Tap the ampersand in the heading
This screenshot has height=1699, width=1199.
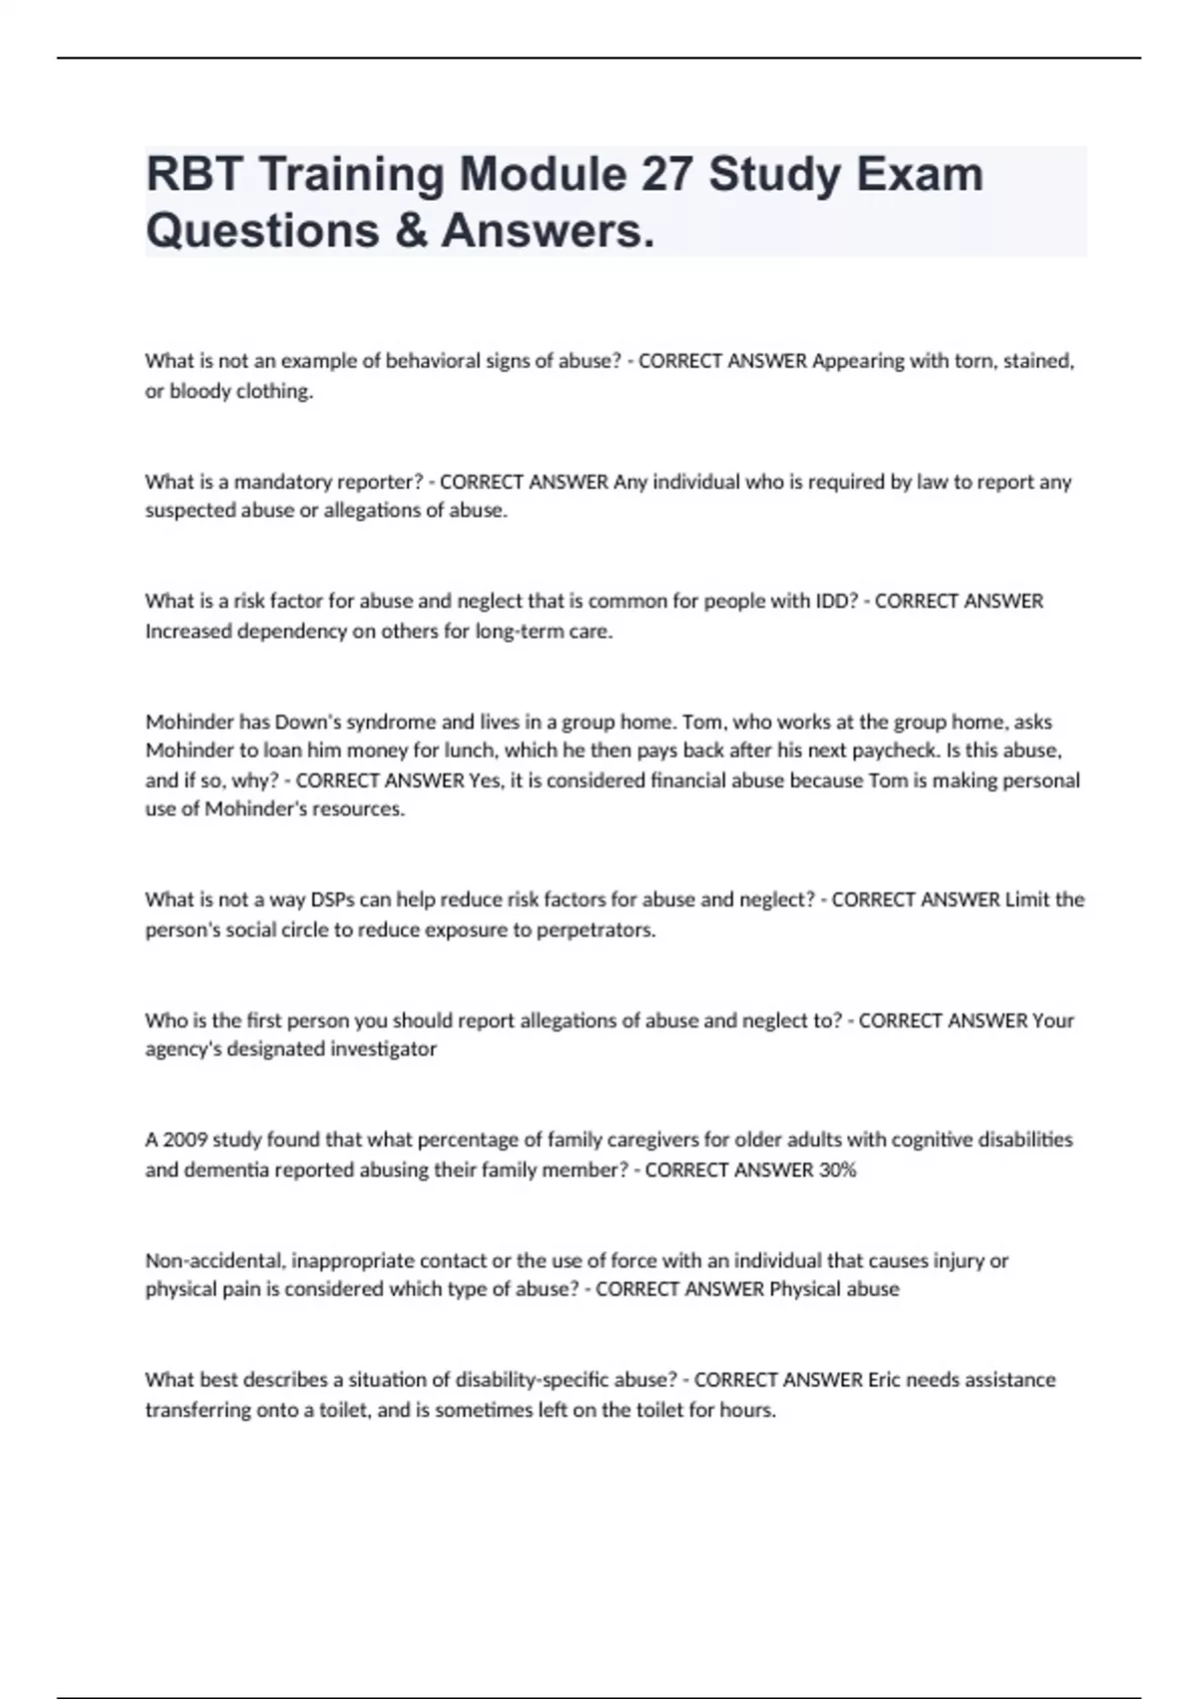pos(410,230)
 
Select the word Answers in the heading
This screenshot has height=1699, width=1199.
pos(548,230)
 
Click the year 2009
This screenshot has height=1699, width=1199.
pos(185,1139)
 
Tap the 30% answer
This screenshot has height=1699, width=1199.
pos(837,1169)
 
